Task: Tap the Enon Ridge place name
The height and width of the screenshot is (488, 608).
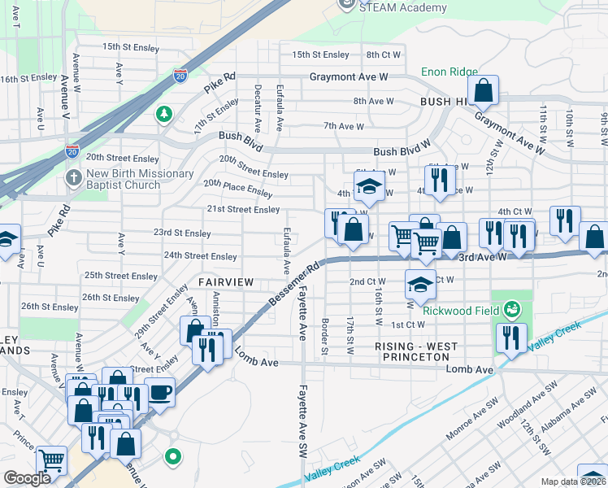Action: click(x=449, y=72)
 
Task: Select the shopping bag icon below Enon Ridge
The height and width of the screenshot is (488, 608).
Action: click(x=483, y=93)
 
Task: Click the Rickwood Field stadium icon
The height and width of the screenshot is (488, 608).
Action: click(x=512, y=308)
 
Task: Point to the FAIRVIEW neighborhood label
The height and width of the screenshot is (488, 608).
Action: click(x=225, y=281)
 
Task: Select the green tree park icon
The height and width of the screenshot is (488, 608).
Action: click(x=164, y=114)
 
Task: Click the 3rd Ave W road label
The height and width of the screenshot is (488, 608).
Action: click(x=482, y=256)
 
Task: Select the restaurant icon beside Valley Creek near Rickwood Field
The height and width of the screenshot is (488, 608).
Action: click(x=510, y=338)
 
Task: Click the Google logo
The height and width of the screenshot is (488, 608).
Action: click(x=27, y=478)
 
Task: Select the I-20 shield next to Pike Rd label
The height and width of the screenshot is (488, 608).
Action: click(x=180, y=76)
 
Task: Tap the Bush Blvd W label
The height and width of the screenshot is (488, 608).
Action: click(x=401, y=152)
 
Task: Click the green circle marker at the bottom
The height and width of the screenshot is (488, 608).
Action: click(x=172, y=457)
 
